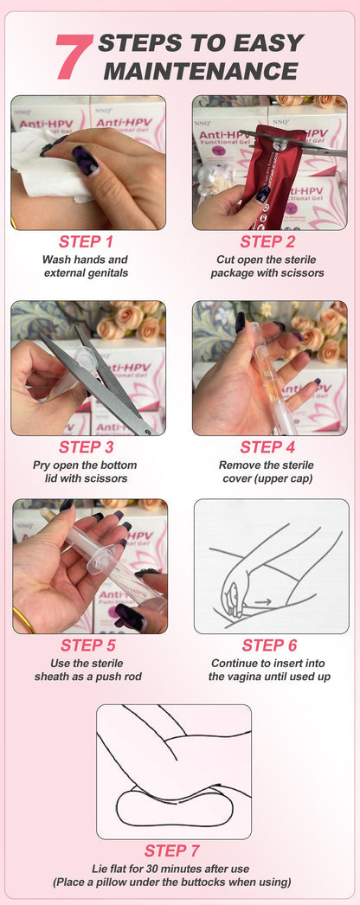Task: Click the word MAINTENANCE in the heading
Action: click(201, 69)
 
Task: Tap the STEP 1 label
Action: click(86, 241)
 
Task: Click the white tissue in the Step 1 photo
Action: click(39, 164)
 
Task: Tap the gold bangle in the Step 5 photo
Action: click(23, 619)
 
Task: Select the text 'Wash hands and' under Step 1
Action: click(85, 260)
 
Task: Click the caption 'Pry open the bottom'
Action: click(85, 465)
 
